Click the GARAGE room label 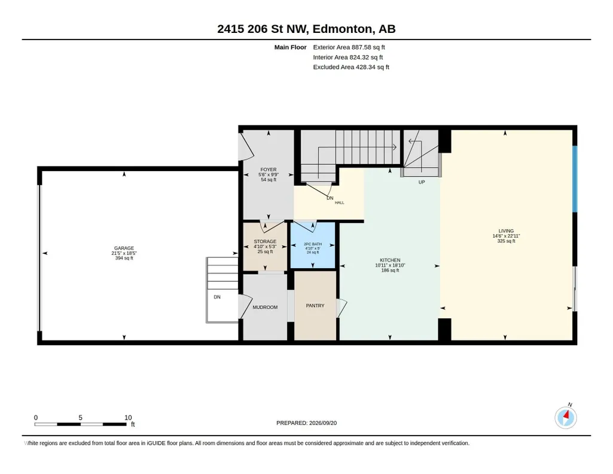click(x=124, y=248)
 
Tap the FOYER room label click(x=268, y=170)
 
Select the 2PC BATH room click(x=313, y=245)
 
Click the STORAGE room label click(x=265, y=241)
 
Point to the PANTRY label click(x=315, y=306)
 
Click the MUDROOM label click(x=265, y=308)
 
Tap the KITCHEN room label click(x=390, y=260)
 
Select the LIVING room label click(x=506, y=231)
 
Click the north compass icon click(x=566, y=417)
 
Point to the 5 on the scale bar click(x=81, y=418)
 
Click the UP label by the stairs click(x=422, y=183)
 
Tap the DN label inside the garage click(x=217, y=297)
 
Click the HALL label click(x=339, y=202)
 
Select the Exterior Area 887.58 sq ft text click(x=349, y=47)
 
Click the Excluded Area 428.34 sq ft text click(x=351, y=67)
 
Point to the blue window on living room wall click(x=575, y=179)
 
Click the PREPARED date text click(x=306, y=423)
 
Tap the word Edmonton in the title click(x=342, y=29)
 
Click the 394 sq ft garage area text click(x=124, y=258)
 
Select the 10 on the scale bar click(x=128, y=418)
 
